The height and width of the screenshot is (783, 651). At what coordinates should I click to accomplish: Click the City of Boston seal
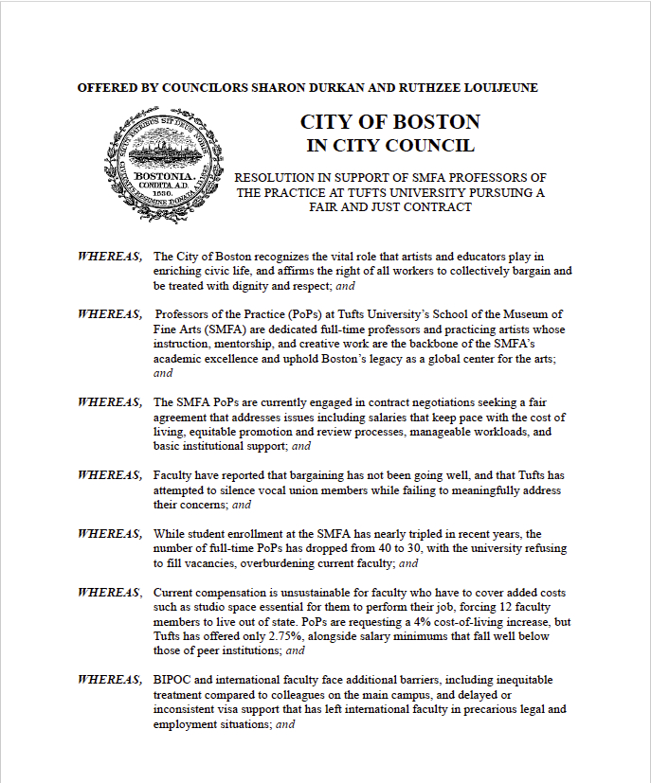point(160,169)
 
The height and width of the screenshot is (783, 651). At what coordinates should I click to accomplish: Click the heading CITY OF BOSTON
point(389,122)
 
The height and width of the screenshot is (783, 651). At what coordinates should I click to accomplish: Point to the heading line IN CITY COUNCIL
point(389,146)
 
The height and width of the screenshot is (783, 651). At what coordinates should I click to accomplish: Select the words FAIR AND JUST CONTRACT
point(390,206)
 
